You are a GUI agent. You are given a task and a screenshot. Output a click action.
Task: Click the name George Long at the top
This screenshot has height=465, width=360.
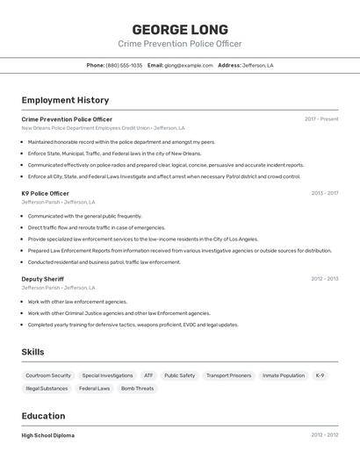point(180,30)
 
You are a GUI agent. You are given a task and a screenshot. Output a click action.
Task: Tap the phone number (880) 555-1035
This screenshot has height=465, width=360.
point(124,65)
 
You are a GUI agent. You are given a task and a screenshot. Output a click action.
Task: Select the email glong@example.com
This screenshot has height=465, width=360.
point(189,65)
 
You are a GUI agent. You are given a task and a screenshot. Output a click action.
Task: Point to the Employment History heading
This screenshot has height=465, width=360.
point(65,100)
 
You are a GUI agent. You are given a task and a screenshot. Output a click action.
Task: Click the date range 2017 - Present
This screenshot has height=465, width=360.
point(321,119)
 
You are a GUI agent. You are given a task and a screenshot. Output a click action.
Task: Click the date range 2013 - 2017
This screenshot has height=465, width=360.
point(324,193)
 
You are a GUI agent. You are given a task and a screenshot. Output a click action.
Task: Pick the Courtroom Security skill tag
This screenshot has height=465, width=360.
point(48,376)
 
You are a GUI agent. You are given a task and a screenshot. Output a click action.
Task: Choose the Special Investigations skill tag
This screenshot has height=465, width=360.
point(107,376)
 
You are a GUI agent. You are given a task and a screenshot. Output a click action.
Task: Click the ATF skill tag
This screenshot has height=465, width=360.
point(148,376)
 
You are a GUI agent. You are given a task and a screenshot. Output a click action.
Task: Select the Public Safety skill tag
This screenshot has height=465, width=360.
point(180,376)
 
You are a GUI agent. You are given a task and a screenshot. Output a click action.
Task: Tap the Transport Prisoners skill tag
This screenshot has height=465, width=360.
point(228,376)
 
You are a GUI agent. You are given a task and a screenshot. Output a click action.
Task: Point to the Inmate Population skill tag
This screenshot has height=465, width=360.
point(284,376)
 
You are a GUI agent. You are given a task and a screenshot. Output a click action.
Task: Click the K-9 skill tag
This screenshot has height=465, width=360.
point(320,376)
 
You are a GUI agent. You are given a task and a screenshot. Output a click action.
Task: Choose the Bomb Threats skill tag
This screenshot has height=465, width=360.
point(137,388)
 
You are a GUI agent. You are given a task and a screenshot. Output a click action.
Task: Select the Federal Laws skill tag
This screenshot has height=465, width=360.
point(94,388)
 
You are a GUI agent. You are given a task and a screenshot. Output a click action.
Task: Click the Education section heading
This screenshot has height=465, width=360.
point(43,416)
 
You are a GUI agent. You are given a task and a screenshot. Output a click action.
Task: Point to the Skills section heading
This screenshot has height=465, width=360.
point(32,352)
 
